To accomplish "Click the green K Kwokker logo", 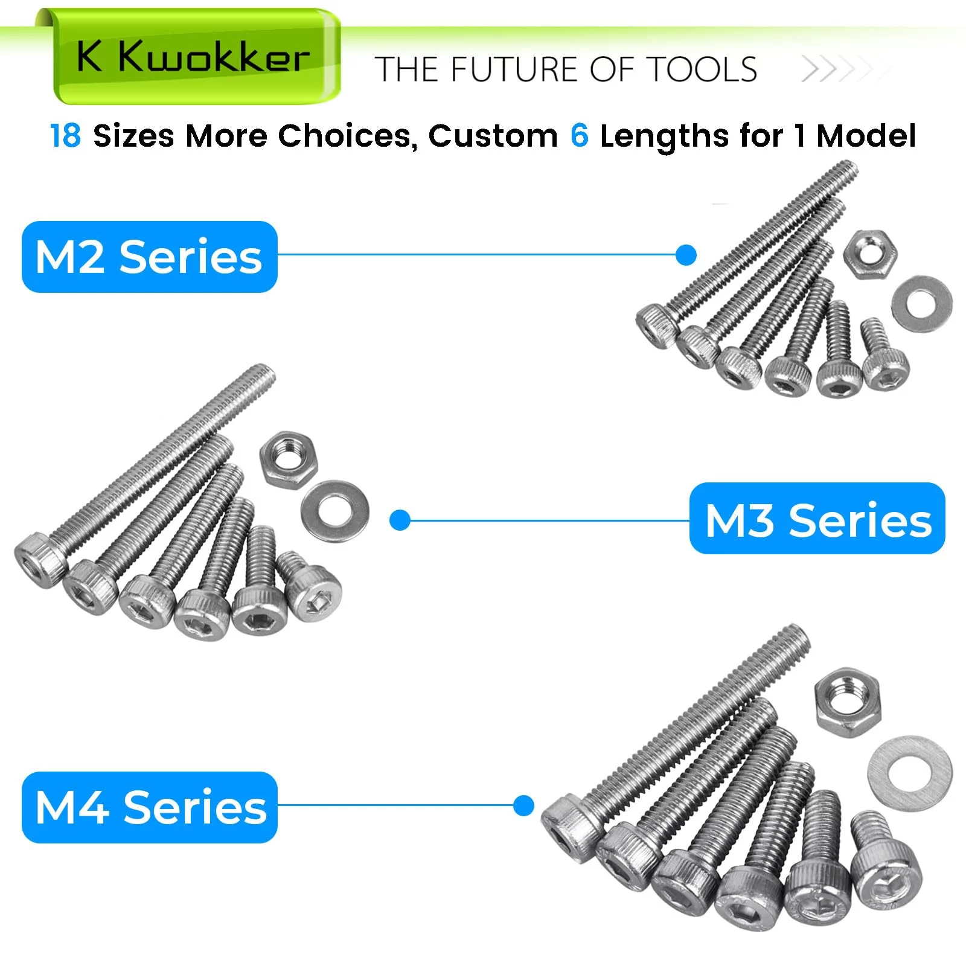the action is point(193,57).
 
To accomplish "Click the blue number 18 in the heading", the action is point(65,136).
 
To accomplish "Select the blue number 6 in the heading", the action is point(579,136).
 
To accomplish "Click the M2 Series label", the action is point(149,257).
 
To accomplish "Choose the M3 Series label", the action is point(817,519).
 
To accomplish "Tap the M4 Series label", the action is point(149,807).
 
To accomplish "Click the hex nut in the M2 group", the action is point(870,254).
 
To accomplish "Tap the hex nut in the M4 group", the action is point(846,703).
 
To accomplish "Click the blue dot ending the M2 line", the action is point(686,255).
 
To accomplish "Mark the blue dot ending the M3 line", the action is point(400,520).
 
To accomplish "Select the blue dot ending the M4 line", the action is point(523,806).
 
